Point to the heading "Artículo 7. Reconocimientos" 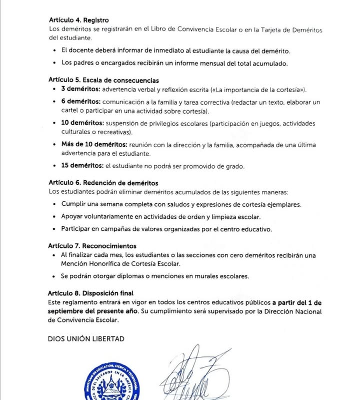tap(92, 246)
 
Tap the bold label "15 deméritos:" tap(82, 166)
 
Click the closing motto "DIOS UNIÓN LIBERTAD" tap(86, 338)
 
